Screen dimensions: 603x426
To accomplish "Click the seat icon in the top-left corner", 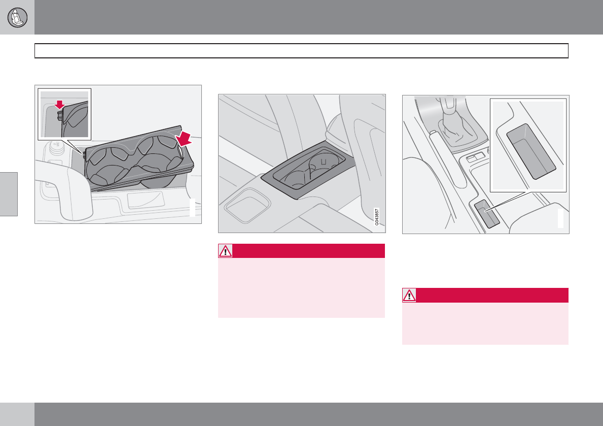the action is point(17,17).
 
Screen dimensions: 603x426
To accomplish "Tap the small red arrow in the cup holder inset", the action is point(59,105).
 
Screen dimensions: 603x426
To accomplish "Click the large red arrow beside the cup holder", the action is point(184,139).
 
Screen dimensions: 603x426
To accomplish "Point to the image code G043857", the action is point(377,217).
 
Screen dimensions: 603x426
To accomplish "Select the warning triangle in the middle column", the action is point(225,251).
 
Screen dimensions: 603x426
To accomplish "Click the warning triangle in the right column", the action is point(409,296).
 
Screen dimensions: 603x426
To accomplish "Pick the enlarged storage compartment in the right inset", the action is point(531,151).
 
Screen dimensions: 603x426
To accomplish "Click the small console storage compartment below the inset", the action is point(487,214).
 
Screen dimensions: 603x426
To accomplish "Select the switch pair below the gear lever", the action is point(475,156).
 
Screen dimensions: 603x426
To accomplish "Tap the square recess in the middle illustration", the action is point(247,205).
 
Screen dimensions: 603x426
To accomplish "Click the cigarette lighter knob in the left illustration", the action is point(56,146).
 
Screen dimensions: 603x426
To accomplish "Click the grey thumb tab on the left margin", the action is point(9,194).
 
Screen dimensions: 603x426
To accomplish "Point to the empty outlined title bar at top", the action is point(301,51).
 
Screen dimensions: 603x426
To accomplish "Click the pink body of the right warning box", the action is point(485,323).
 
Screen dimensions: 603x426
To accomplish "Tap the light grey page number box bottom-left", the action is point(17,414).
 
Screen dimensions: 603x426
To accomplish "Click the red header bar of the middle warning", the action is point(308,251).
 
